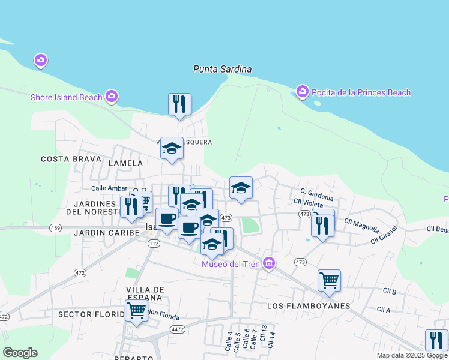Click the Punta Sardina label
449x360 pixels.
pyautogui.click(x=222, y=69)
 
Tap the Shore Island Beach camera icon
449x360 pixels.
pyautogui.click(x=111, y=96)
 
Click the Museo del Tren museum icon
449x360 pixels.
pyautogui.click(x=269, y=263)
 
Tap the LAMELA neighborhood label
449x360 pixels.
pyautogui.click(x=125, y=163)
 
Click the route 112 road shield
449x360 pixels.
pyautogui.click(x=154, y=243)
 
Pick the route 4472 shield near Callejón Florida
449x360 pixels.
pyautogui.click(x=177, y=329)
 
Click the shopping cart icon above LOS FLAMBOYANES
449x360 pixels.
pyautogui.click(x=329, y=280)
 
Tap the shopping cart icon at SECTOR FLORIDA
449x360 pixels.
pyautogui.click(x=136, y=311)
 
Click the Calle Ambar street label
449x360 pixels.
pyautogui.click(x=109, y=188)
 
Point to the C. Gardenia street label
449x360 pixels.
pyautogui.click(x=312, y=193)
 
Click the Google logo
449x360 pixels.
pyautogui.click(x=20, y=353)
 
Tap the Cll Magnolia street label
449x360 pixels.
pyautogui.click(x=361, y=224)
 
